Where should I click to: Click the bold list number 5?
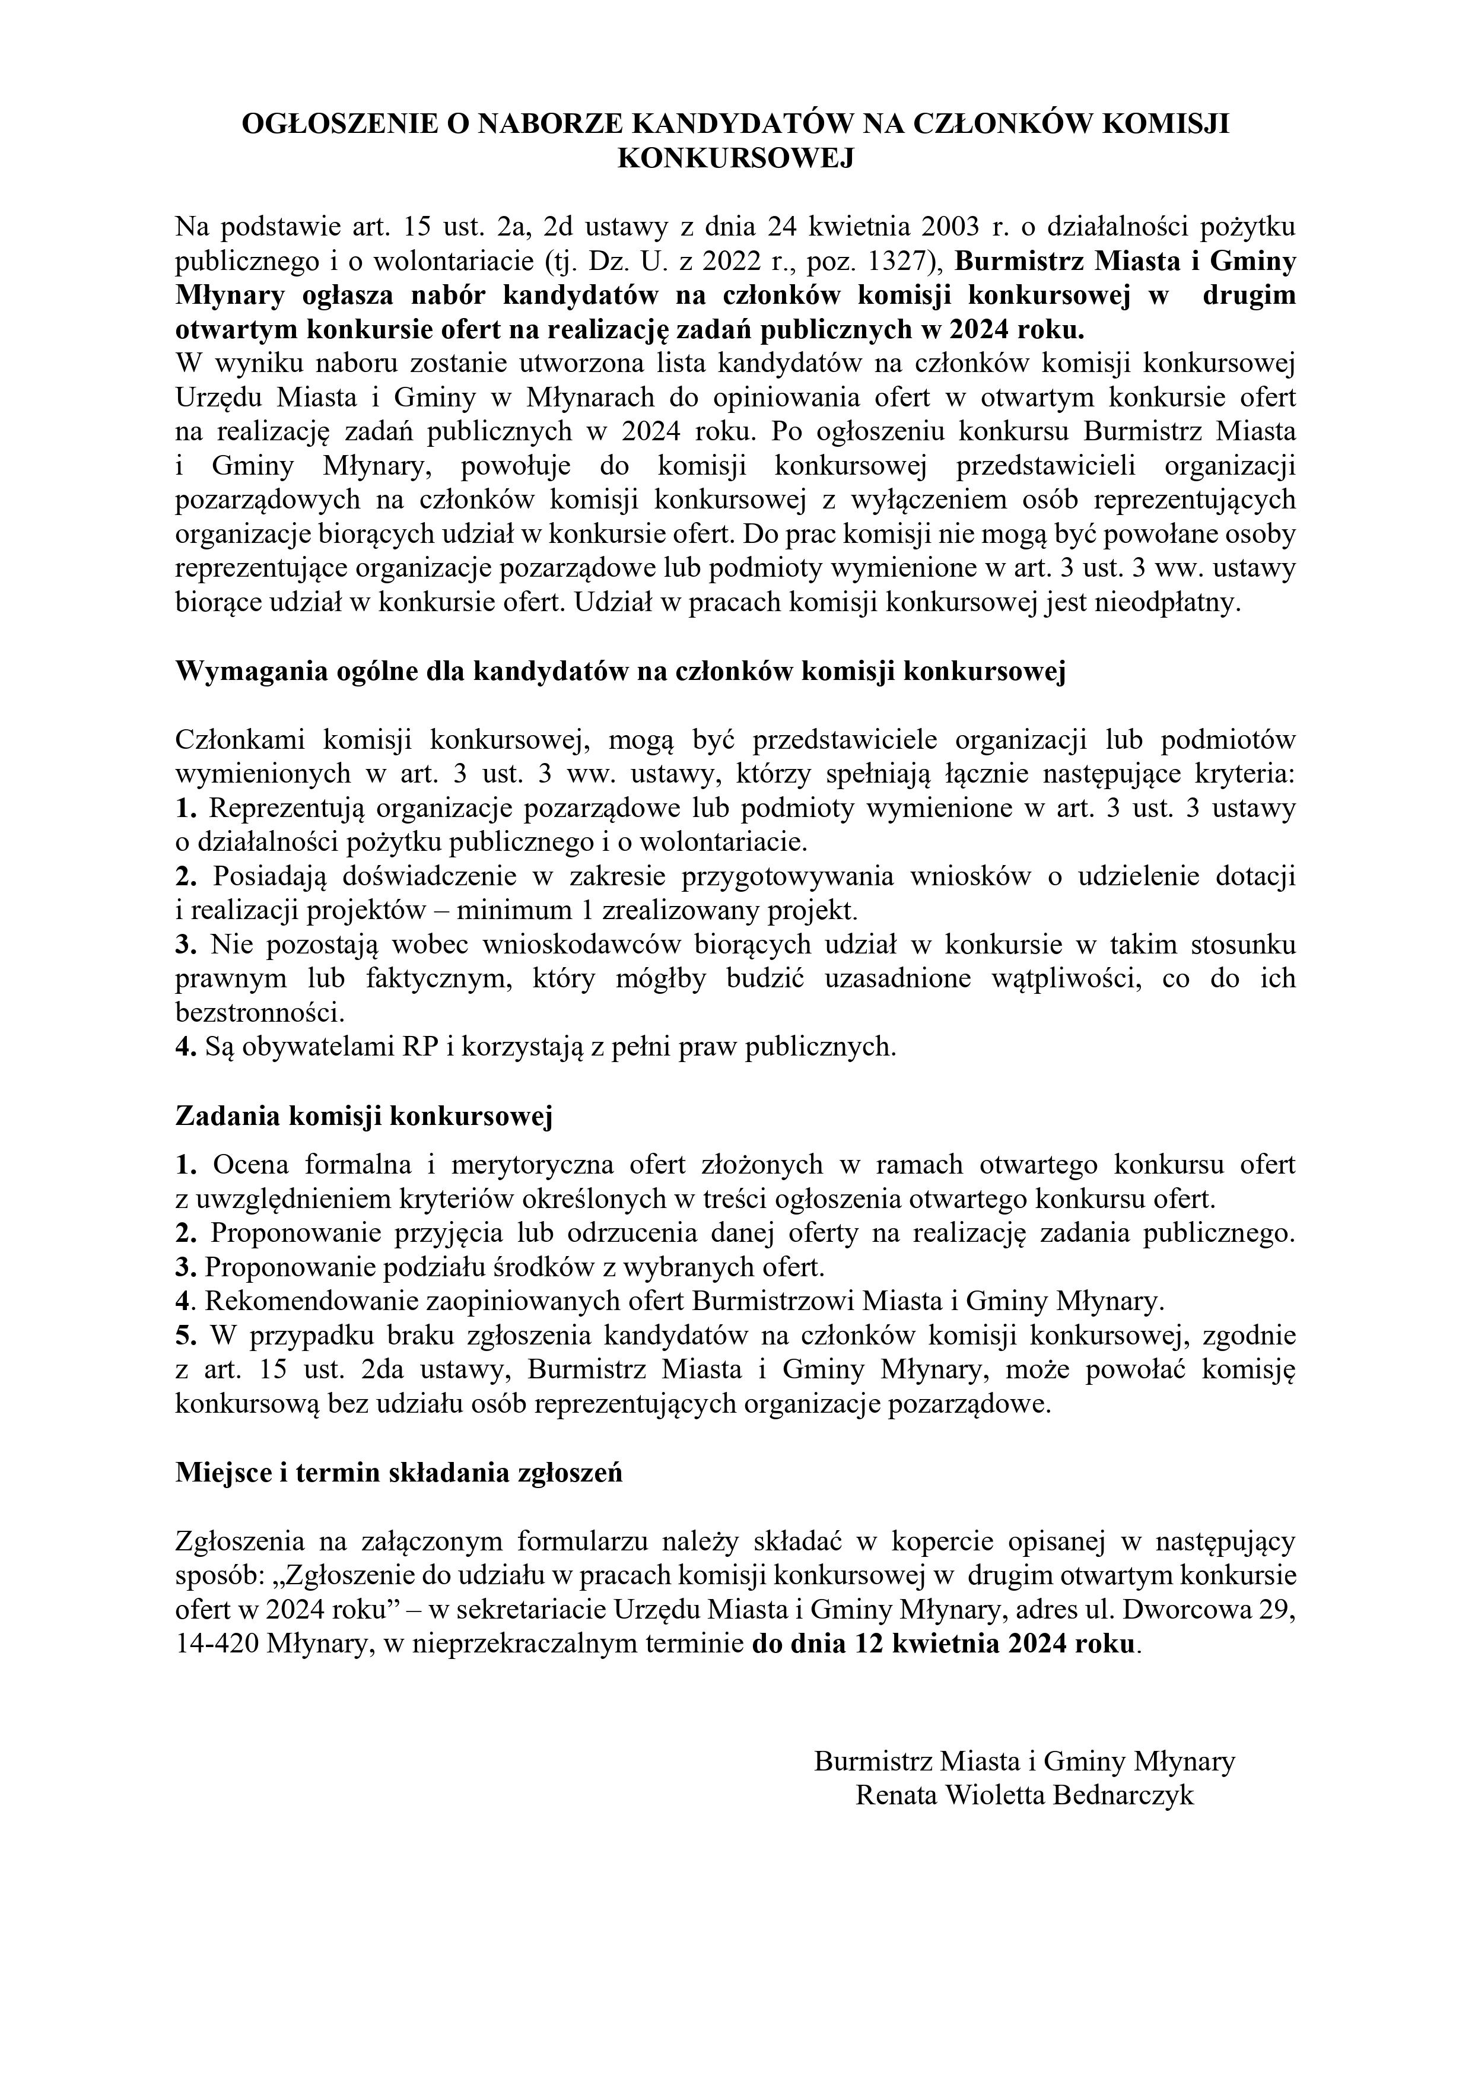click(183, 1336)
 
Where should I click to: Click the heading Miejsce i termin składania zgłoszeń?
click(399, 1473)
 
